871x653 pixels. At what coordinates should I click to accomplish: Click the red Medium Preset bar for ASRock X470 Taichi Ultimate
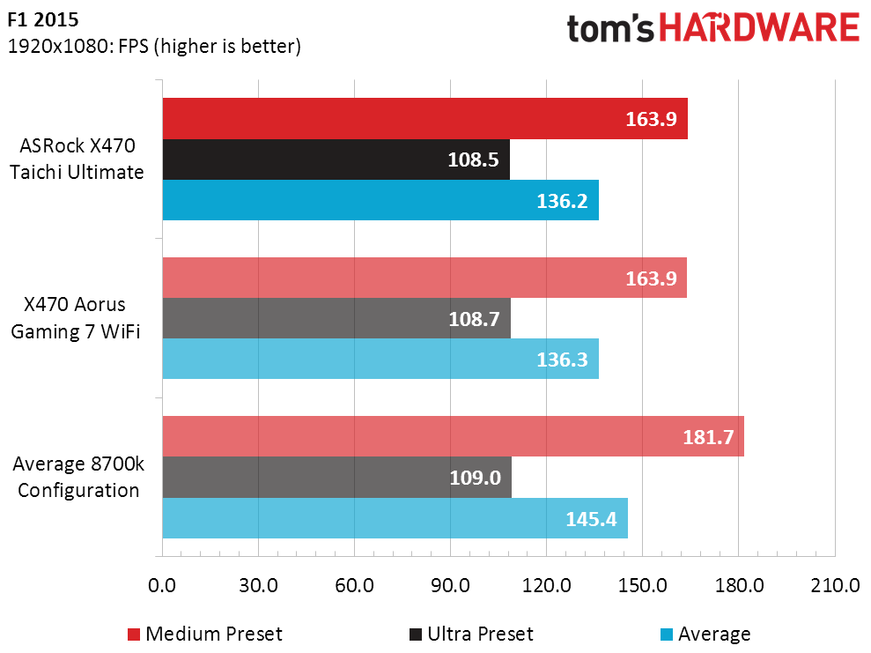(x=425, y=118)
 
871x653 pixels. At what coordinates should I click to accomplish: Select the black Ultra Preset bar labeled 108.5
(x=336, y=160)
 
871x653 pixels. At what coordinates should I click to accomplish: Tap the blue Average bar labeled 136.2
(x=380, y=200)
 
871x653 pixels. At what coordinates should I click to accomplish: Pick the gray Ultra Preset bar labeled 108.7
(x=336, y=318)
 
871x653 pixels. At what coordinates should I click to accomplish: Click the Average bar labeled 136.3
(x=380, y=359)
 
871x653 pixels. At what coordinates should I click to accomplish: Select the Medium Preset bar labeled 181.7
(x=454, y=436)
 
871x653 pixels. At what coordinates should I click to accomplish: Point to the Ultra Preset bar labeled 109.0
(x=337, y=478)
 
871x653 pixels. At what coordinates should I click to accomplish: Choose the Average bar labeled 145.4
(x=395, y=518)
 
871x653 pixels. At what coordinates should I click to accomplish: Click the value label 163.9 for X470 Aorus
(x=651, y=278)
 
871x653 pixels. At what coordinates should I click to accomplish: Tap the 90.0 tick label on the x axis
(x=450, y=585)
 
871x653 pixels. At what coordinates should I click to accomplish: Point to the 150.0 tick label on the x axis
(x=643, y=585)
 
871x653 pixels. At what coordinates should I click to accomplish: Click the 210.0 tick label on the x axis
(x=835, y=585)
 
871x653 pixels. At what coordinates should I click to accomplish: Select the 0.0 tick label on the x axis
(x=162, y=585)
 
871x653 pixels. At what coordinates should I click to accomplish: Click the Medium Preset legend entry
(x=205, y=634)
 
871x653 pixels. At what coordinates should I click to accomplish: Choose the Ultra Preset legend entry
(x=471, y=634)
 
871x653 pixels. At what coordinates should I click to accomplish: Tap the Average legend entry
(x=705, y=634)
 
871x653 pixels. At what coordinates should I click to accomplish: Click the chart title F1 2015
(x=43, y=19)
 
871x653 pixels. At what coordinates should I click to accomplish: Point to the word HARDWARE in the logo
(x=759, y=28)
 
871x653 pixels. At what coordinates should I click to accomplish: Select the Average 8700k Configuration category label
(x=78, y=477)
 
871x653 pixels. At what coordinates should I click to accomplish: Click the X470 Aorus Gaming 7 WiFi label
(x=76, y=318)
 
